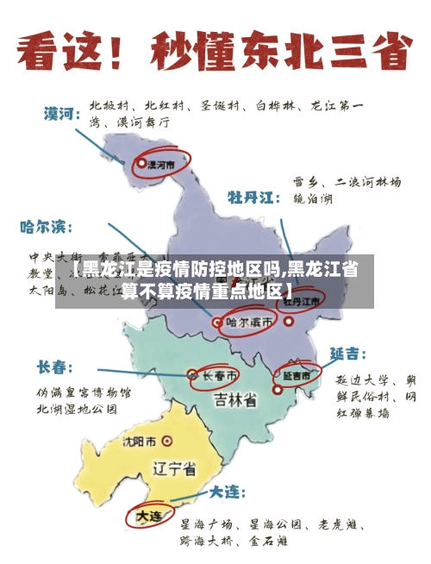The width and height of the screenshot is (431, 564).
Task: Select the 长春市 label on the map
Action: pyautogui.click(x=220, y=376)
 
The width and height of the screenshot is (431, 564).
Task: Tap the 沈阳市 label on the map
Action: pyautogui.click(x=140, y=442)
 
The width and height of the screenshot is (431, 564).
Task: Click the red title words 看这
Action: pyautogui.click(x=62, y=53)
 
